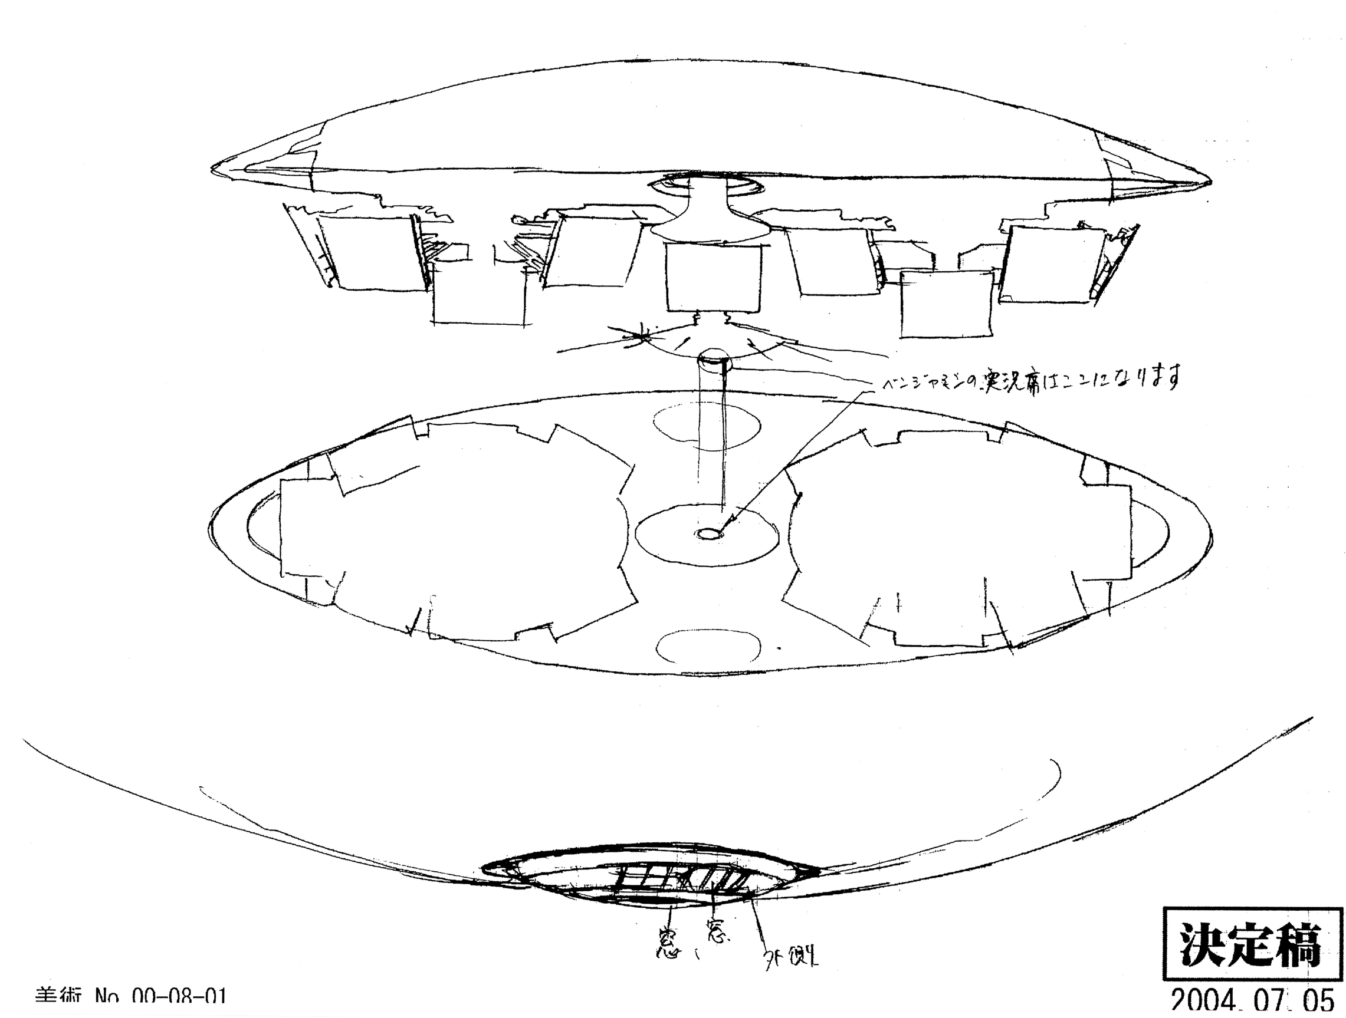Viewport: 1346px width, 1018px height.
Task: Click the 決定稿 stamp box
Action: click(x=1252, y=944)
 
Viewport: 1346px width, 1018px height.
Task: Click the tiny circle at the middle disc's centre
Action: click(x=707, y=534)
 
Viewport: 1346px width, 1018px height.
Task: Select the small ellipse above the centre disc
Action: click(x=706, y=426)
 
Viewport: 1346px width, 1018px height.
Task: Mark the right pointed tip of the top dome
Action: click(x=1207, y=181)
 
